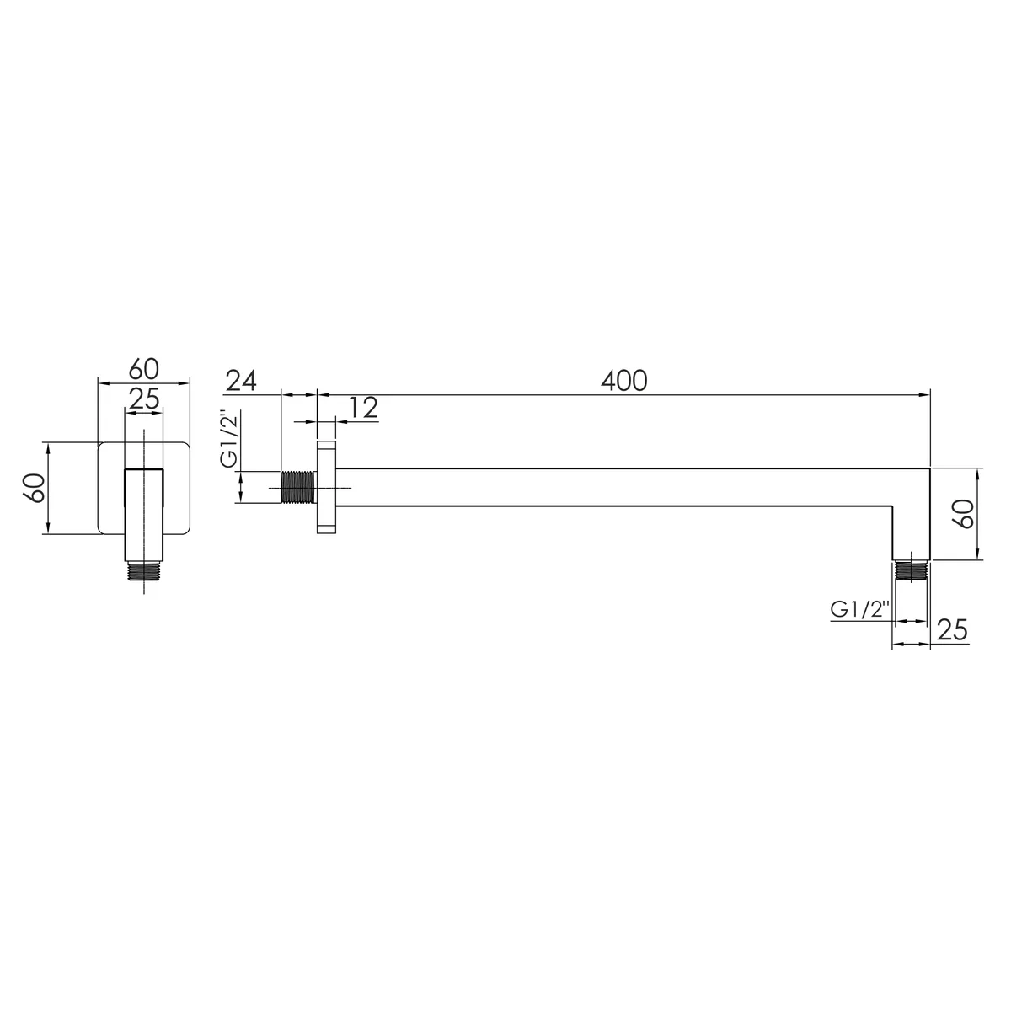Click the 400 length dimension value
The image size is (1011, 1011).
click(x=623, y=381)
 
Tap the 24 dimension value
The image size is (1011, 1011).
click(x=241, y=381)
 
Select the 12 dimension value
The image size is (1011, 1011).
click(x=362, y=408)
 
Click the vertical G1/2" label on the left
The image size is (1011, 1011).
click(x=229, y=438)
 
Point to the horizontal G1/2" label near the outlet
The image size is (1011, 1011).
click(x=860, y=610)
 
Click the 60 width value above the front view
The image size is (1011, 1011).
click(x=144, y=369)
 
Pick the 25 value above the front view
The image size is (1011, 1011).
click(x=144, y=399)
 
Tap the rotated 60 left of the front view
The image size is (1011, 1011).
click(x=35, y=488)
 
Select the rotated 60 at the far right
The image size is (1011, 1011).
click(x=965, y=514)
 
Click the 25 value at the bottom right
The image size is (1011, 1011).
click(x=952, y=629)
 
